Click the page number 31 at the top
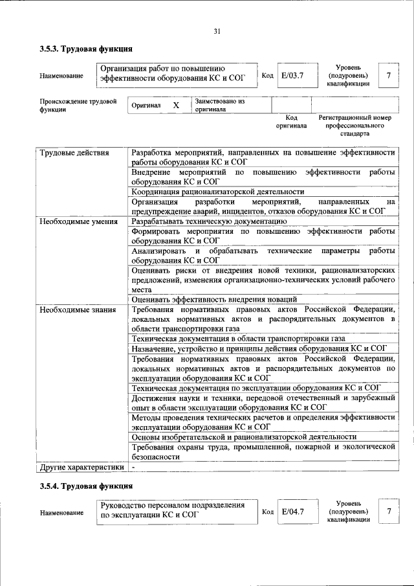point(217,31)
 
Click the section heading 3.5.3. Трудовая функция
point(86,49)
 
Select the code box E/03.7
point(292,76)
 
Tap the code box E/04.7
point(292,512)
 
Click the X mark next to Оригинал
point(175,105)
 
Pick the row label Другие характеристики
point(81,466)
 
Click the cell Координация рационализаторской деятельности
point(217,192)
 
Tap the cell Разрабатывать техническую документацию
point(208,221)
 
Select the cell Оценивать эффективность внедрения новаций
point(213,299)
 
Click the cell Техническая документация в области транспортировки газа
point(237,338)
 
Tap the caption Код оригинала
point(291,121)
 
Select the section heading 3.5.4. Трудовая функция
point(86,485)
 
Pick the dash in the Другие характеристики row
point(133,466)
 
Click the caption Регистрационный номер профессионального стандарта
point(355,126)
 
